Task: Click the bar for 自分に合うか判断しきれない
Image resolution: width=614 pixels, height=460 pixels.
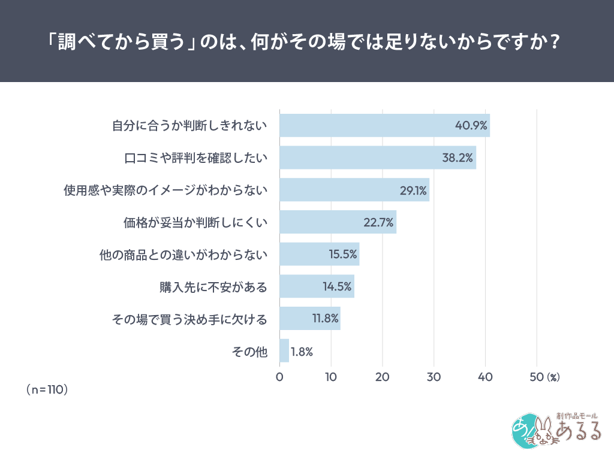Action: coord(384,125)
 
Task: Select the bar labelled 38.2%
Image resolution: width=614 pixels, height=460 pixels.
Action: coord(378,158)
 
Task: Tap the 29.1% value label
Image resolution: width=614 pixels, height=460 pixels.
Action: coord(413,190)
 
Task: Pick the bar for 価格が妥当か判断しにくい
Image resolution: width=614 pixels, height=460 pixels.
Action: coord(338,222)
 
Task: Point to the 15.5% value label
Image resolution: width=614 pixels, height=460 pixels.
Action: coord(344,254)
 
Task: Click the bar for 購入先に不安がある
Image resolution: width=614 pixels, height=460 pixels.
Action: coord(317,286)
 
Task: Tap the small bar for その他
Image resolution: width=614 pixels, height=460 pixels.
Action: coord(284,351)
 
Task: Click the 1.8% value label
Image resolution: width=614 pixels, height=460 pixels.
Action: coord(302,352)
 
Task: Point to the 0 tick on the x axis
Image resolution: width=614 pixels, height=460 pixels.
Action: coord(279,377)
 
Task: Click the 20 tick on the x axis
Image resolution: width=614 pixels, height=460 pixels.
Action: coord(382,377)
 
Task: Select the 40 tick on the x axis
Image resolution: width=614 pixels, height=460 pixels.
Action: coord(484,377)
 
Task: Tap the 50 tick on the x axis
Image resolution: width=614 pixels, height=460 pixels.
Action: coord(536,377)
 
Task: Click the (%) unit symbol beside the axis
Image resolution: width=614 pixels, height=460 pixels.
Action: coord(553,377)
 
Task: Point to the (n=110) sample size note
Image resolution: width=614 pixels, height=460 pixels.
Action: coord(47,389)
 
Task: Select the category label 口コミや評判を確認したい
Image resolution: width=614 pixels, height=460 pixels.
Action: coord(195,158)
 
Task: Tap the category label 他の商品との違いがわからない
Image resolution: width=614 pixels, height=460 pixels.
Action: coord(183,255)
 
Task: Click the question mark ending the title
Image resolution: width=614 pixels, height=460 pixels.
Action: coord(556,43)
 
